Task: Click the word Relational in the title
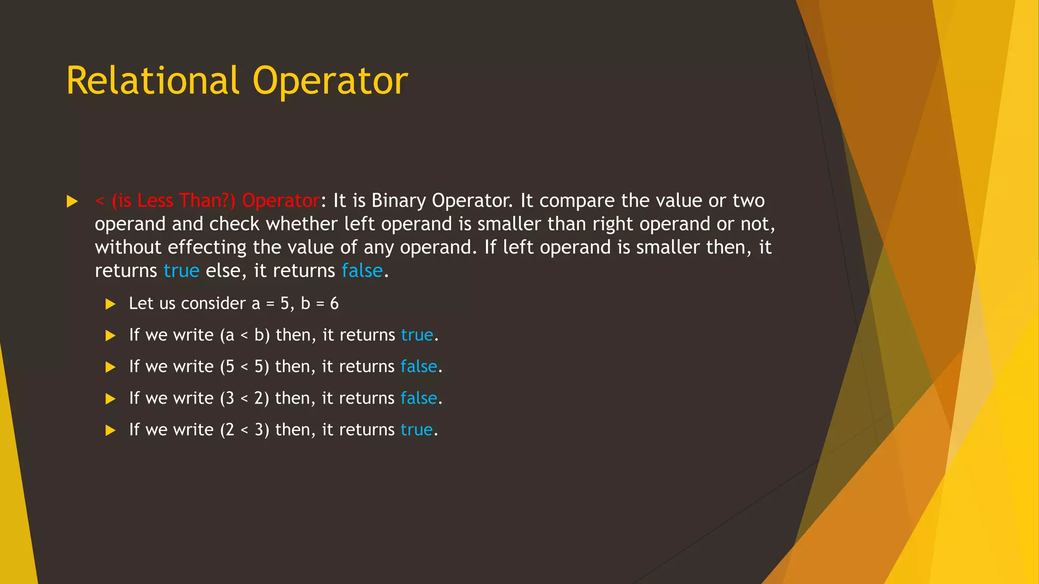tap(152, 81)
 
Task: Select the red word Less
tap(155, 201)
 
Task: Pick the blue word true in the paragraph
tap(181, 271)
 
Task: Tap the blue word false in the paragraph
tap(362, 271)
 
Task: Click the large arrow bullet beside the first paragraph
tap(72, 202)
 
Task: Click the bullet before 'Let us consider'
tap(110, 304)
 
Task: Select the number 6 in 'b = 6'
tap(334, 304)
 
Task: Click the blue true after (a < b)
tap(417, 335)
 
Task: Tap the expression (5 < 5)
tap(245, 367)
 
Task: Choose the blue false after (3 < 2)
tap(419, 398)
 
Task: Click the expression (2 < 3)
tap(245, 430)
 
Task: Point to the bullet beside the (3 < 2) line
tap(110, 399)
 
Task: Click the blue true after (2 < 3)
tap(417, 430)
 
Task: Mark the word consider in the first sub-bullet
tap(213, 304)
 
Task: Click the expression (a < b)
tap(245, 335)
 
